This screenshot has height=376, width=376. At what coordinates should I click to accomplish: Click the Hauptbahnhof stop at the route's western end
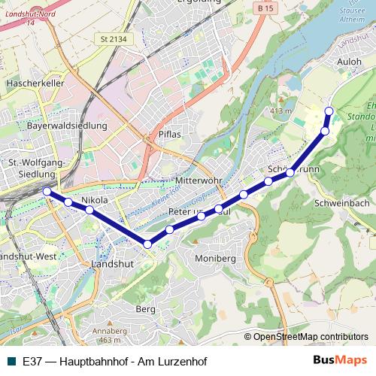tap(47, 192)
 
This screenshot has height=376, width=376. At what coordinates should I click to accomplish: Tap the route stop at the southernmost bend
tap(147, 244)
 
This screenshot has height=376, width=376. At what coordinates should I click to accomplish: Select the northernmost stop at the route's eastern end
tap(329, 111)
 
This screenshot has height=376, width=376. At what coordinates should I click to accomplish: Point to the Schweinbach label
tap(342, 203)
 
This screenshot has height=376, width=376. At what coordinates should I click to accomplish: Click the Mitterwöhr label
tap(199, 182)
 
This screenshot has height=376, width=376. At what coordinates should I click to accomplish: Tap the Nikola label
tap(95, 200)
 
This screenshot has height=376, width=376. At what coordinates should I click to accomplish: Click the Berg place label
tap(144, 308)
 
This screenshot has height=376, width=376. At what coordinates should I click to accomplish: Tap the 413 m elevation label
tap(280, 111)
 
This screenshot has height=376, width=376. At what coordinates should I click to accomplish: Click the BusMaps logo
tap(339, 361)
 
